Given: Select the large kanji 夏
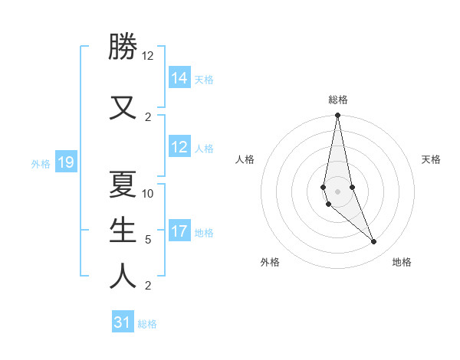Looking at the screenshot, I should point(123,183).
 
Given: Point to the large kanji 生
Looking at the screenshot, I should point(123,229).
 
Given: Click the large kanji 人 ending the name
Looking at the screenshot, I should point(123,276).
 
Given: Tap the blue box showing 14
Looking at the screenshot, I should point(179,78).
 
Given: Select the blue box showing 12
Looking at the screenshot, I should point(179,147).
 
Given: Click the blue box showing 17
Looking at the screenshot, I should point(179,231).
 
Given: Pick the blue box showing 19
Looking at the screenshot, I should point(65,162).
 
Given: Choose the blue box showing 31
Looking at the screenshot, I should point(123,322).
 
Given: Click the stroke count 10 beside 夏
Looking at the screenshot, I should point(148,194).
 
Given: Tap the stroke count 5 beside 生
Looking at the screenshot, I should point(148,240).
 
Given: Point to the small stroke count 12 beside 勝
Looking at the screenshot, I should point(147,56).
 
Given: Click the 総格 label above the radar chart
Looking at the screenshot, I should point(337,100).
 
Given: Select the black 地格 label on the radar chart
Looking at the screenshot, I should point(402,262).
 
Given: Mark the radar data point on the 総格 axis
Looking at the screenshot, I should point(337,116).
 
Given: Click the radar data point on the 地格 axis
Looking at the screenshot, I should point(374,242).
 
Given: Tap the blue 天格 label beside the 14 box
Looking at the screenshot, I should point(204,79).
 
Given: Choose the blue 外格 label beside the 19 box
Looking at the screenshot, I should point(41,163).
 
